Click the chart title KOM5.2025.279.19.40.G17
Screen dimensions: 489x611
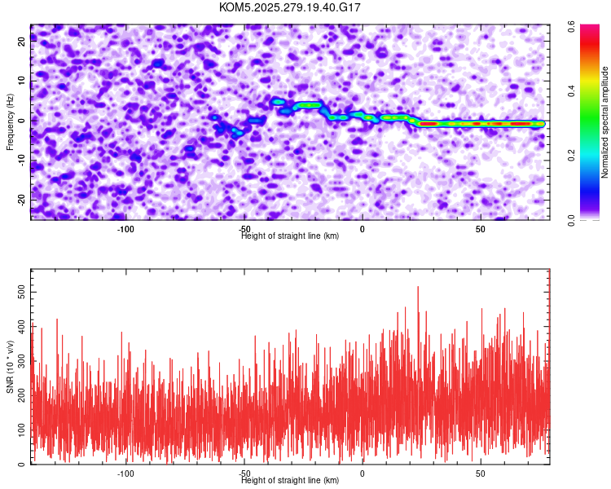290,7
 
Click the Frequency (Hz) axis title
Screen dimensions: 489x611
10,121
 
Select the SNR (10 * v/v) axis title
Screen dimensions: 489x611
10,366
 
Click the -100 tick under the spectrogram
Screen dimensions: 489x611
125,229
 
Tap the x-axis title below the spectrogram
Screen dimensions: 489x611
290,236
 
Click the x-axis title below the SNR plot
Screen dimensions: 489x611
290,481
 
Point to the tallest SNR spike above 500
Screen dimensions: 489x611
418,288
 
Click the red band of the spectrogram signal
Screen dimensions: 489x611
481,124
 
